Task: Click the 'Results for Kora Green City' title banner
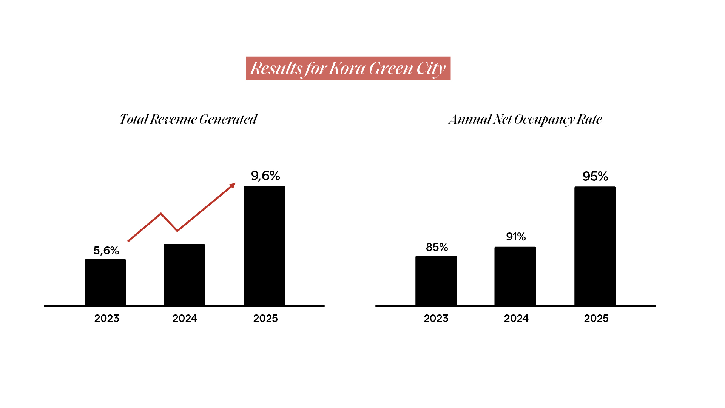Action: pyautogui.click(x=348, y=68)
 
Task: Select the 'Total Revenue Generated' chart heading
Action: pyautogui.click(x=188, y=119)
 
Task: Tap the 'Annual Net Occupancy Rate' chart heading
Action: pyautogui.click(x=525, y=120)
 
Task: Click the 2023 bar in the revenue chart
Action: pyautogui.click(x=105, y=282)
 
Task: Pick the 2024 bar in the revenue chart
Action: pyautogui.click(x=184, y=275)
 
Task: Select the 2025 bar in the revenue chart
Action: pyautogui.click(x=264, y=246)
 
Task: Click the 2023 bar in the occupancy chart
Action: pyautogui.click(x=436, y=281)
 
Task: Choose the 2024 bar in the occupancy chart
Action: pyautogui.click(x=515, y=276)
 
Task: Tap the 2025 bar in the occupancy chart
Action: pyautogui.click(x=595, y=246)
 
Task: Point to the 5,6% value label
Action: pyautogui.click(x=106, y=251)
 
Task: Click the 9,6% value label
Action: pyautogui.click(x=265, y=176)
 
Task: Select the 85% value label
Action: pyautogui.click(x=437, y=247)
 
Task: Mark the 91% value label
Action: pyautogui.click(x=516, y=237)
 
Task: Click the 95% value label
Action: pyautogui.click(x=595, y=176)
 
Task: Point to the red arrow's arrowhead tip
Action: pyautogui.click(x=235, y=183)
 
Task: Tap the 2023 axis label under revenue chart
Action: pyautogui.click(x=106, y=319)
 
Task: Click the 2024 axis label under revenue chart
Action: pyautogui.click(x=185, y=319)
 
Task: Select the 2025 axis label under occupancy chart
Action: pyautogui.click(x=596, y=319)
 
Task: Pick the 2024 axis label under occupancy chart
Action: pyautogui.click(x=516, y=319)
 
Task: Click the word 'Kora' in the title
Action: pyautogui.click(x=347, y=68)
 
